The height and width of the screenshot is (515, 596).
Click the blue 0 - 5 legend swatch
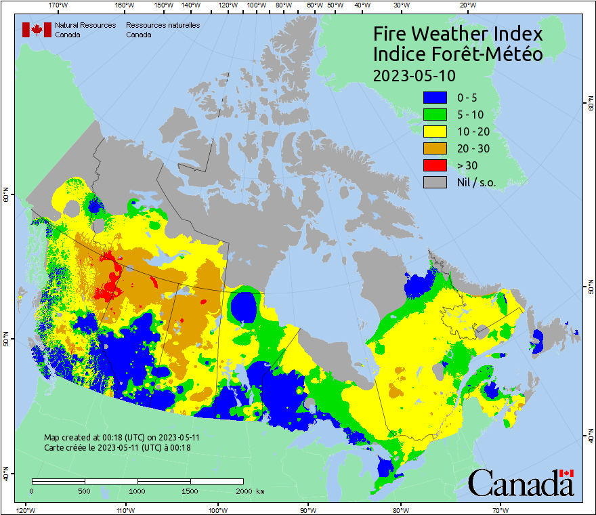[435, 98]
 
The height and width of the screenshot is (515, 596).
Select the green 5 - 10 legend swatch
[435, 115]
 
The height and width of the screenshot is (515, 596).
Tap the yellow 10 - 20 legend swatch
[435, 131]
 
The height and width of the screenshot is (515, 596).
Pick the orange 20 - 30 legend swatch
[435, 148]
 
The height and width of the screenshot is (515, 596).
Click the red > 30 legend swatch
[435, 165]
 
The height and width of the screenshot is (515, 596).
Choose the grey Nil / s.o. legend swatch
[435, 182]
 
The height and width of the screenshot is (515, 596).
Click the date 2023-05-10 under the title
[414, 75]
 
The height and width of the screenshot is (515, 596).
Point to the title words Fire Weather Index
[458, 34]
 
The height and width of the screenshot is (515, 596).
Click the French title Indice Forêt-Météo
[458, 54]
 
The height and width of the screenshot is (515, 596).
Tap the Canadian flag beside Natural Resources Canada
[37, 29]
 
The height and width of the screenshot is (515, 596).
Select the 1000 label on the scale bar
[137, 491]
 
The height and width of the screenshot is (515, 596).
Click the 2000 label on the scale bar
[242, 491]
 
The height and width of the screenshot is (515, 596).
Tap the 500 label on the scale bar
[85, 491]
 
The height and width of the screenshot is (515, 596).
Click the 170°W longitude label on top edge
[59, 5]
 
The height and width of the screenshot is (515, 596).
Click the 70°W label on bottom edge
[500, 510]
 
